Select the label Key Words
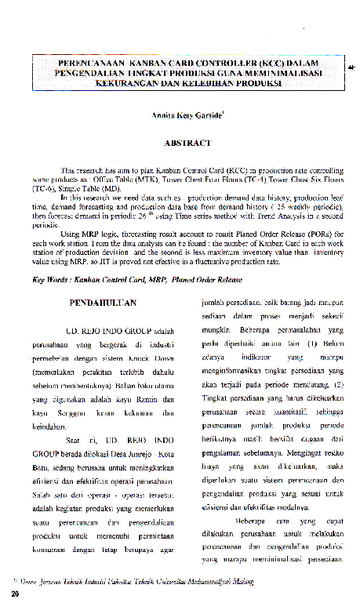49,279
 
